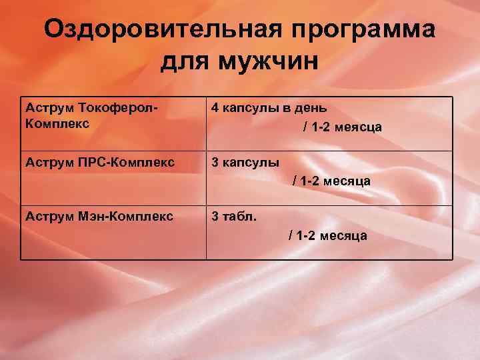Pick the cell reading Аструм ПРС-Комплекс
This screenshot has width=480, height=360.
(x=99, y=162)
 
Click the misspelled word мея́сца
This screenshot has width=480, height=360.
(x=358, y=127)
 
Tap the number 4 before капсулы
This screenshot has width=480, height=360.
(x=215, y=107)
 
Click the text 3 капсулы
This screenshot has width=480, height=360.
(x=245, y=162)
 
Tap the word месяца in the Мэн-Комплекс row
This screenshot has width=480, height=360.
(x=344, y=236)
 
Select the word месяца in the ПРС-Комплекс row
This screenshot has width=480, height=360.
(x=348, y=181)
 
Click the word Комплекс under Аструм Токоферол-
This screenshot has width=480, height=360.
(x=56, y=124)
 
